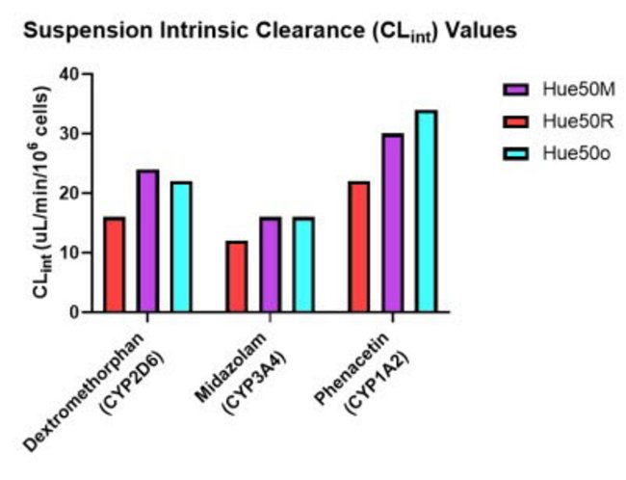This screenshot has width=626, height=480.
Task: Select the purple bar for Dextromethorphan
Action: point(147,242)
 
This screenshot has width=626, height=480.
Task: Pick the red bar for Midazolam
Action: point(236,277)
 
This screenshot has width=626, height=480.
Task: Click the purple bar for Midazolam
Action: point(270,265)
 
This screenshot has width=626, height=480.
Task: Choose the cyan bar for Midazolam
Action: point(303,265)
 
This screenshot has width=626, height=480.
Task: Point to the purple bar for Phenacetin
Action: point(392,224)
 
